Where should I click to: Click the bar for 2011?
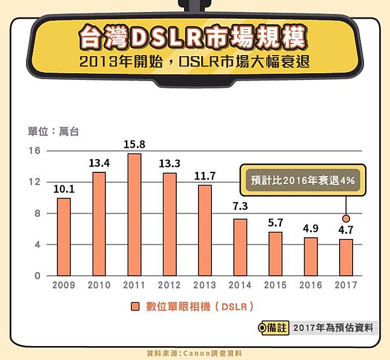134,215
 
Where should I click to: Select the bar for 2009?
63,237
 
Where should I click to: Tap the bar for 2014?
240,247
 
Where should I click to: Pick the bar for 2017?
346,257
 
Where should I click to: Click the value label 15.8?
134,145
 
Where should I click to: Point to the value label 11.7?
205,176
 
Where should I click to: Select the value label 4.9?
311,228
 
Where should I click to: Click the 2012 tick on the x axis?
169,285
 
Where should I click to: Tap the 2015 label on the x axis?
276,285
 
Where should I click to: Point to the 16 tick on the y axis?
34,151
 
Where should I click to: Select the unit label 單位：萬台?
53,131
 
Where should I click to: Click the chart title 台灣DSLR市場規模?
192,36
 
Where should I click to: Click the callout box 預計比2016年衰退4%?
303,180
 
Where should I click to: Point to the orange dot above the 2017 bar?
346,218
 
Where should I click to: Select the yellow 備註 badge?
273,328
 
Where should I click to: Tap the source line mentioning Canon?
194,353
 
